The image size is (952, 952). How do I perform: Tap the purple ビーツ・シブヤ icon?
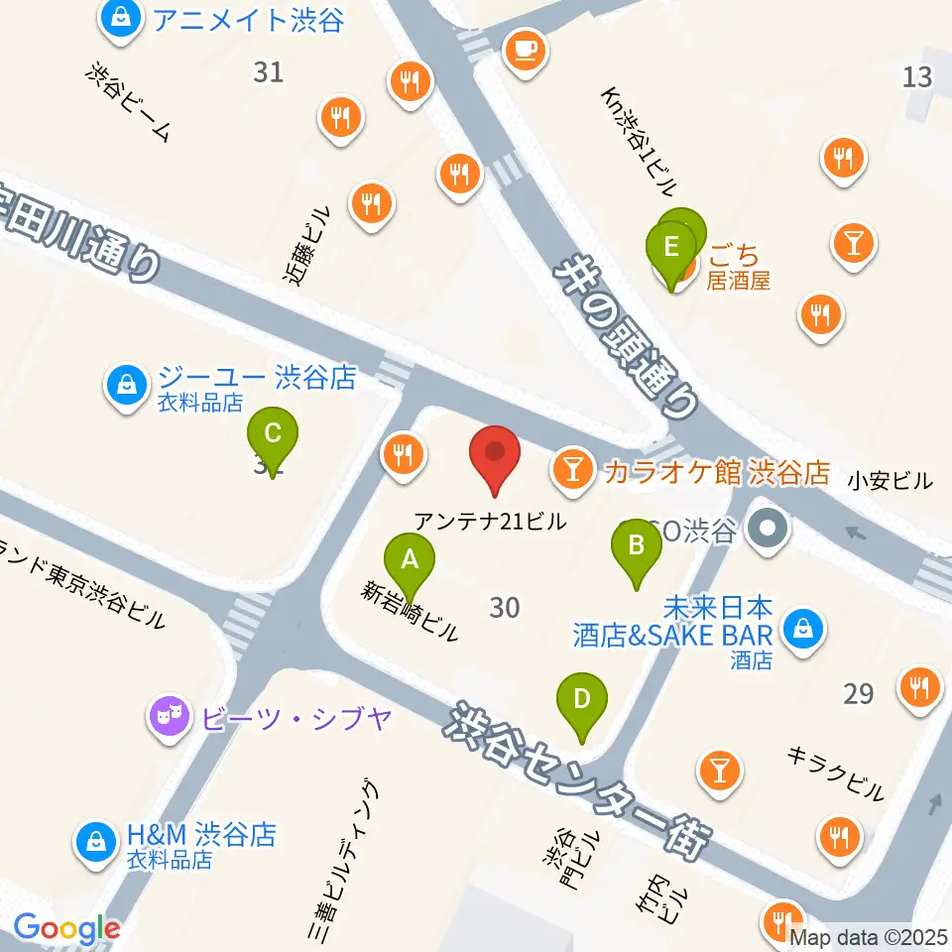170,715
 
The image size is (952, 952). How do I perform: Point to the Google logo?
66,929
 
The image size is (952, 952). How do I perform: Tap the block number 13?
917,75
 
